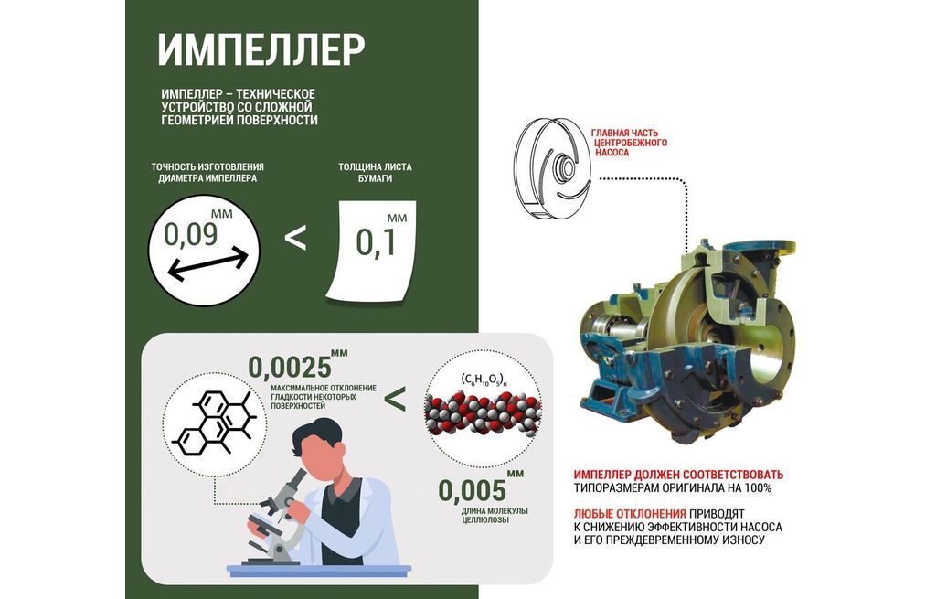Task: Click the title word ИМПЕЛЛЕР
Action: pos(261,49)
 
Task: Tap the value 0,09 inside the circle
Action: pos(190,235)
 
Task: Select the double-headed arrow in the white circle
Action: pos(207,264)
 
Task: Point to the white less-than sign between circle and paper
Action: pos(295,238)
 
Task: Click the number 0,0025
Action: pos(290,368)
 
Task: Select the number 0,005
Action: pos(472,491)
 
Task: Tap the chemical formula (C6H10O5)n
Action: pos(484,379)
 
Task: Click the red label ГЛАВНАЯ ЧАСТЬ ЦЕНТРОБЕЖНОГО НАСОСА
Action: pos(628,143)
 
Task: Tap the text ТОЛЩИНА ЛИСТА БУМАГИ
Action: pos(375,173)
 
